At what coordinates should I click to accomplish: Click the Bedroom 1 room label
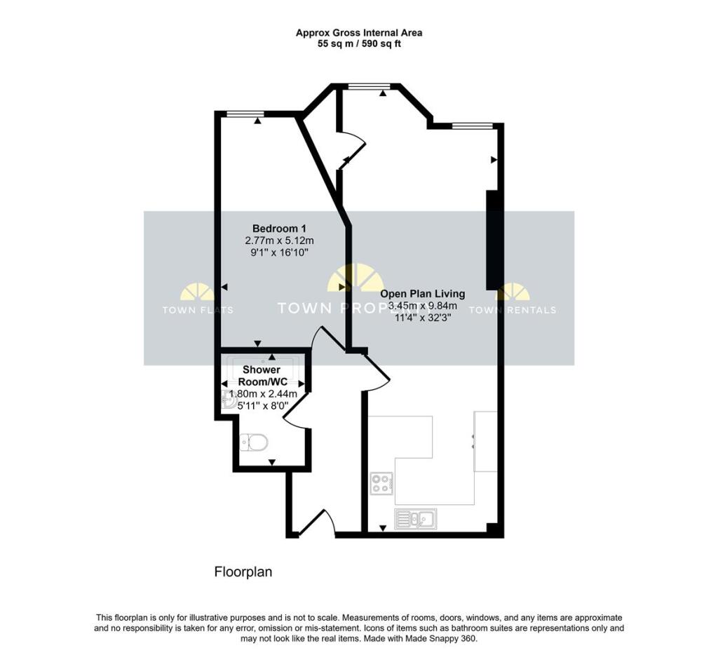(279, 229)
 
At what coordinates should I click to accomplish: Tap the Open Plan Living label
(422, 294)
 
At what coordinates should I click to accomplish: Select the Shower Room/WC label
(262, 375)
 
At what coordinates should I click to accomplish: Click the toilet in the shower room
(253, 442)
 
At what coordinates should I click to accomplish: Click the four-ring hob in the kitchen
(381, 483)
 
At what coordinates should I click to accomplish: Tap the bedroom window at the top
(245, 114)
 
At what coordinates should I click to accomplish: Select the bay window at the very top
(369, 86)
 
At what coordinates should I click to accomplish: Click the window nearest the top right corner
(472, 126)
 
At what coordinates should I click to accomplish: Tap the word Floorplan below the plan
(243, 572)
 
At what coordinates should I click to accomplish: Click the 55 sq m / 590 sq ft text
(358, 43)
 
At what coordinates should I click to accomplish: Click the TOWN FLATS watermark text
(198, 310)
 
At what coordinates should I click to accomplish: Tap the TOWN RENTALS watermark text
(512, 310)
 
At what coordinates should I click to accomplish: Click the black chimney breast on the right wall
(494, 235)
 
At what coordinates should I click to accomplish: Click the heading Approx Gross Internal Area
(358, 32)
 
